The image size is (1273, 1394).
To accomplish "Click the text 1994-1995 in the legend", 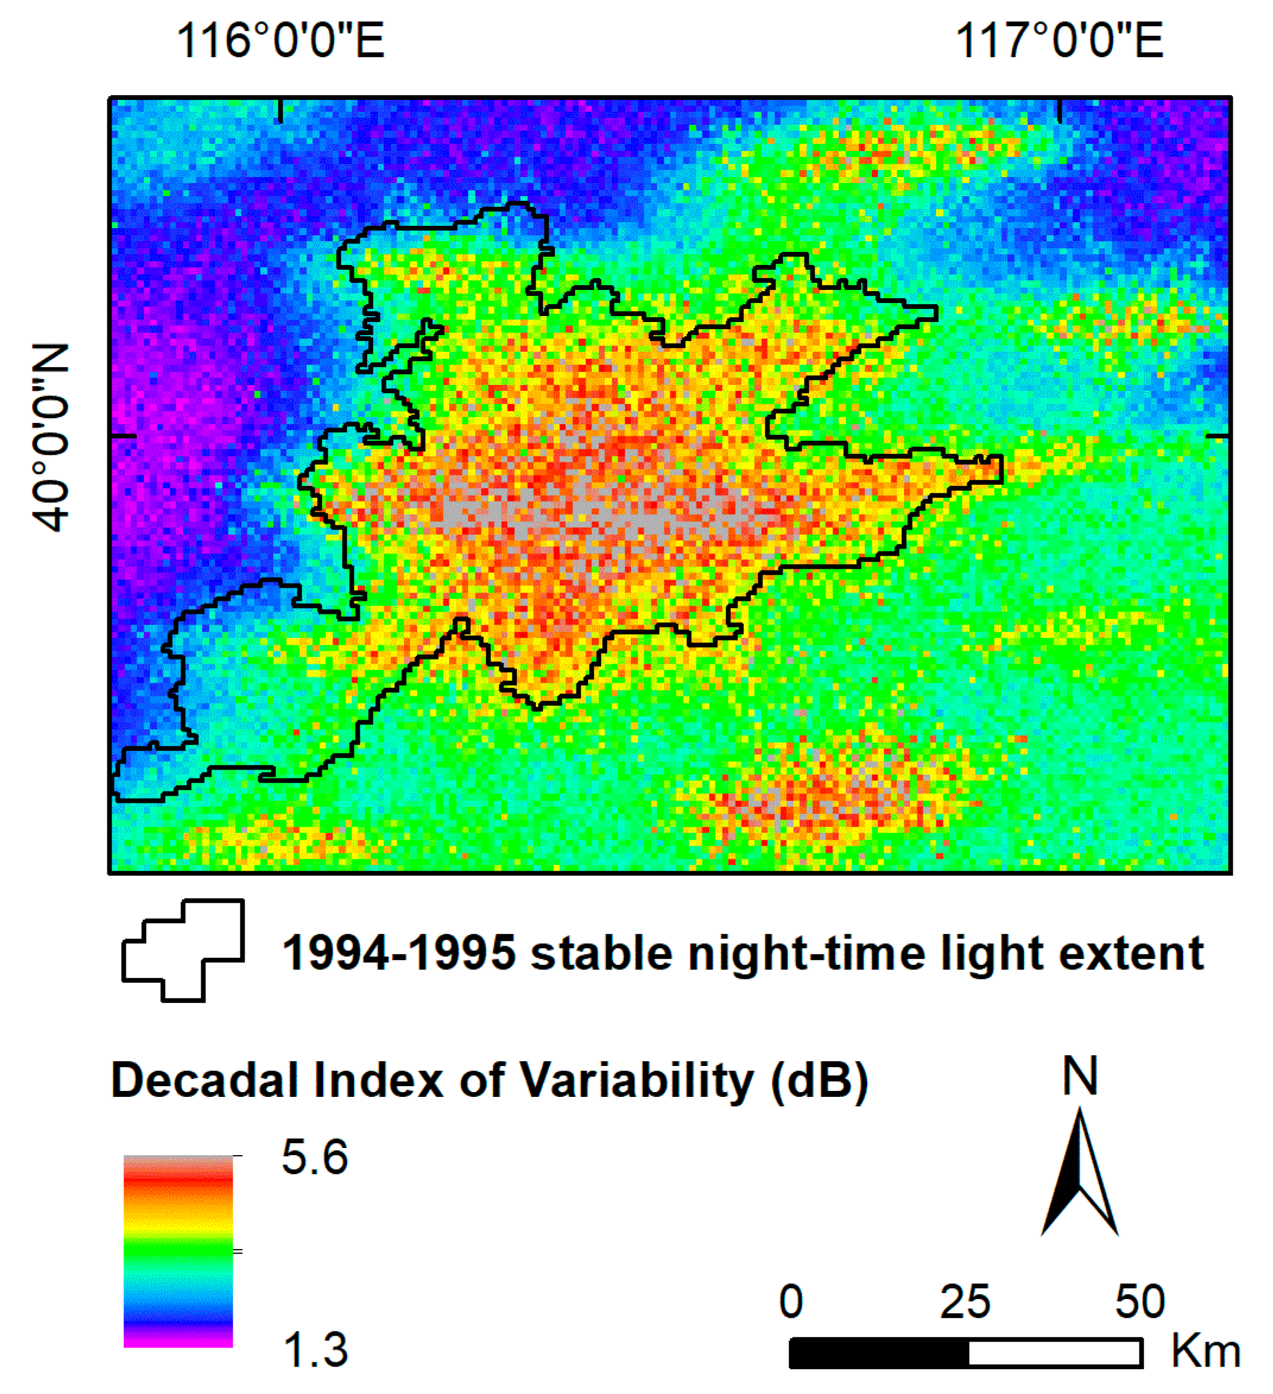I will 399,954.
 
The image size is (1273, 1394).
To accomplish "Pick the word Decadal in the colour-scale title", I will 205,1080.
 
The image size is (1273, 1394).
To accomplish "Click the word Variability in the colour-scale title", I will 635,1081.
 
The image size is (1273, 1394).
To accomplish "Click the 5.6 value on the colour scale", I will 315,1158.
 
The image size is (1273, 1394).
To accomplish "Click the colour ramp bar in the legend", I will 178,1251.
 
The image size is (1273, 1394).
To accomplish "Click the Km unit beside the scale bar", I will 1205,1351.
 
